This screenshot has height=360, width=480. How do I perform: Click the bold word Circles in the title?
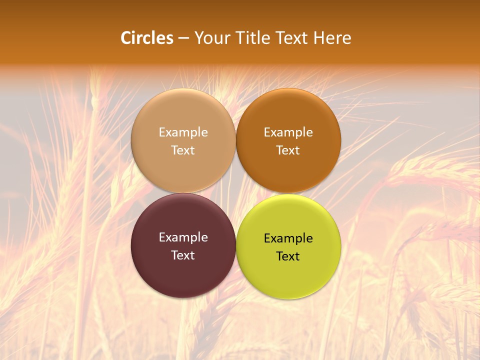(x=147, y=38)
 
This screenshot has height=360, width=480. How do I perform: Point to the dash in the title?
(x=183, y=38)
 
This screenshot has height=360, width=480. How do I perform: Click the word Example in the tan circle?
(x=183, y=132)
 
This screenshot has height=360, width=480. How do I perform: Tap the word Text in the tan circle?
(x=183, y=150)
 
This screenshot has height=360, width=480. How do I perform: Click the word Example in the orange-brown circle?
(x=288, y=132)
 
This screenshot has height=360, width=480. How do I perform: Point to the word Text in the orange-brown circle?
(x=288, y=150)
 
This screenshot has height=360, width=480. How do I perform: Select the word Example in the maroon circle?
(x=183, y=237)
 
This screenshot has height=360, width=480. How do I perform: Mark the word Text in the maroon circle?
(x=183, y=255)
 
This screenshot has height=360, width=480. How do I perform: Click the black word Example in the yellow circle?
(x=288, y=238)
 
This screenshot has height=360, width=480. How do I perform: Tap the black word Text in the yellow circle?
(x=288, y=256)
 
